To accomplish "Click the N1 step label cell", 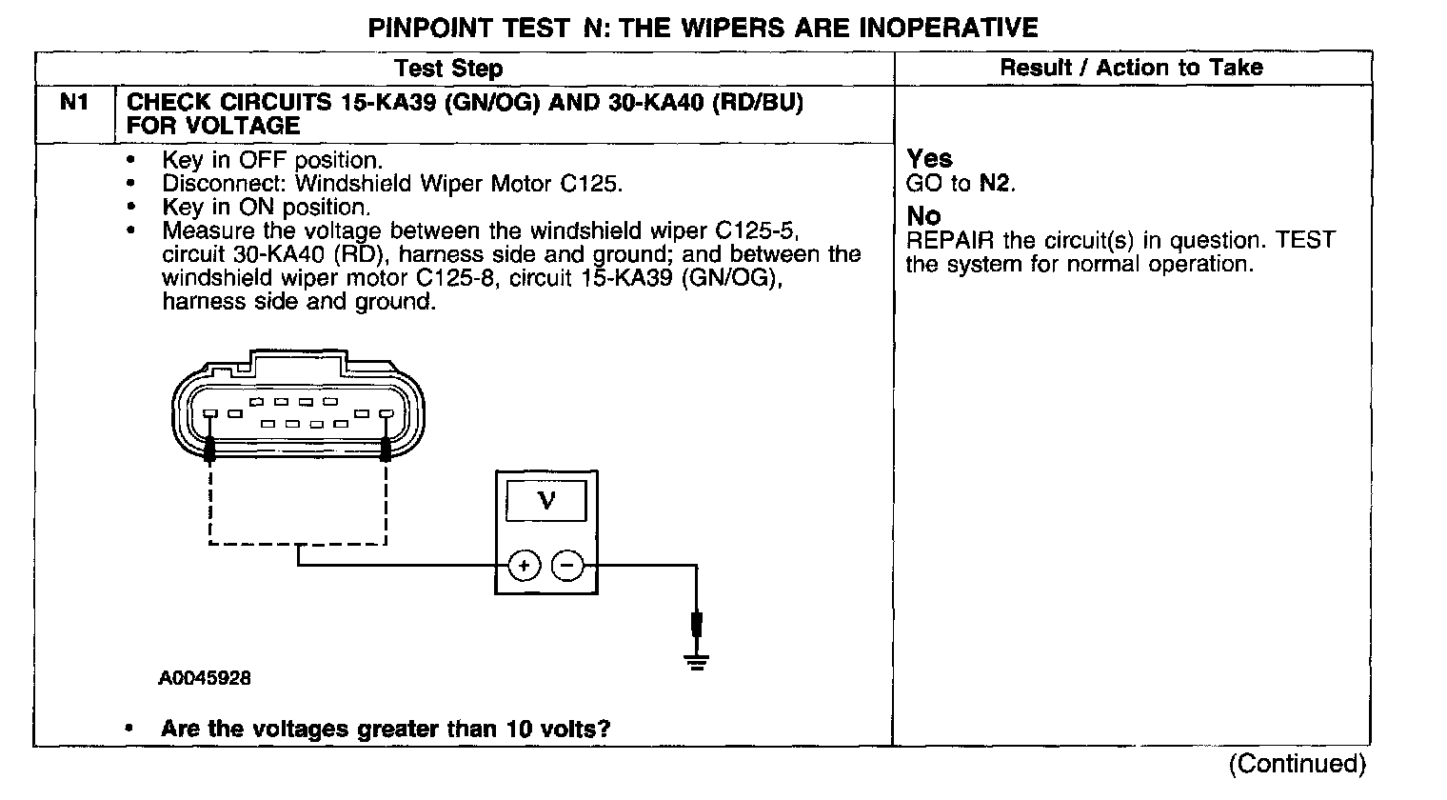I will pyautogui.click(x=74, y=102).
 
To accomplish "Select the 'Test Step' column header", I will pyautogui.click(x=448, y=69).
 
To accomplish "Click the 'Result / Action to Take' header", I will pyautogui.click(x=1131, y=68).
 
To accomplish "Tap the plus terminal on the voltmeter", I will pyautogui.click(x=524, y=566).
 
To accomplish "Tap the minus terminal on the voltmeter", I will pyautogui.click(x=567, y=566).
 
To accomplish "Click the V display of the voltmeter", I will pyautogui.click(x=546, y=500).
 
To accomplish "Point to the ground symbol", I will pyautogui.click(x=698, y=660).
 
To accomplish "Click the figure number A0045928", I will pyautogui.click(x=205, y=679).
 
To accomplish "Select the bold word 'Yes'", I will pyautogui.click(x=929, y=159).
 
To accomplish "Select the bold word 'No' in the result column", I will pyautogui.click(x=922, y=217).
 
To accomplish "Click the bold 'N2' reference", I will pyautogui.click(x=996, y=183).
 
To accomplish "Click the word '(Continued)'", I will pyautogui.click(x=1297, y=763).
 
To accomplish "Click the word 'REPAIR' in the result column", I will pyautogui.click(x=951, y=240).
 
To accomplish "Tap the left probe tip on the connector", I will pyautogui.click(x=209, y=447).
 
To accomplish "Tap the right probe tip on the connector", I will pyautogui.click(x=386, y=447).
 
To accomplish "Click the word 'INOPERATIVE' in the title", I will pyautogui.click(x=948, y=28).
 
